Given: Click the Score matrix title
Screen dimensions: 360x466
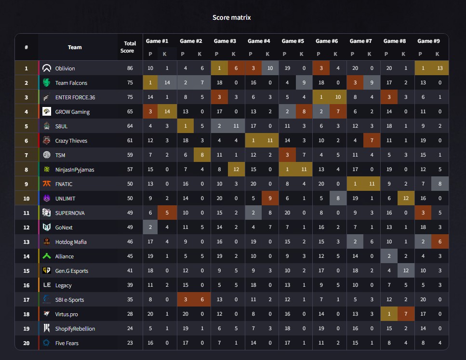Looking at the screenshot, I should pos(232,17).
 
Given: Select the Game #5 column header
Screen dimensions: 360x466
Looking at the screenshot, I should pos(293,41).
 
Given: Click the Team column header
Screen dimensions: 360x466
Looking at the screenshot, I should pos(75,47).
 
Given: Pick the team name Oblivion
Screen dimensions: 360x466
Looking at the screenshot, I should pos(65,68).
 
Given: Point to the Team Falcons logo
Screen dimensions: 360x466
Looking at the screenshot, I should pos(47,83).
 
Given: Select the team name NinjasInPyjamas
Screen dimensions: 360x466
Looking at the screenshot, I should pos(75,170).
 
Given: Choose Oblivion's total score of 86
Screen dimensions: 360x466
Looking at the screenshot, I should pos(130,68).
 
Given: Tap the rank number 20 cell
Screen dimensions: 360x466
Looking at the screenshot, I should pos(27,343).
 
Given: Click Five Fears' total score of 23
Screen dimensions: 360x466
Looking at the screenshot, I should pos(130,343).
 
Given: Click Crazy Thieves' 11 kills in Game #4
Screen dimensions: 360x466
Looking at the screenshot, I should pos(270,141).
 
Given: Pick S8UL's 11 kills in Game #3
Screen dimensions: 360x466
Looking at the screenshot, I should pos(236,126).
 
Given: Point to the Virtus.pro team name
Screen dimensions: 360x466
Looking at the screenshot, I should pos(67,314).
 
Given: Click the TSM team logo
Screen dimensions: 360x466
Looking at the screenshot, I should pos(47,155).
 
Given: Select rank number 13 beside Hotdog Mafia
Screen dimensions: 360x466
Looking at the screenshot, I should pos(27,242).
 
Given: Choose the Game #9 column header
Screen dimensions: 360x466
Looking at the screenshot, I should pos(428,41).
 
